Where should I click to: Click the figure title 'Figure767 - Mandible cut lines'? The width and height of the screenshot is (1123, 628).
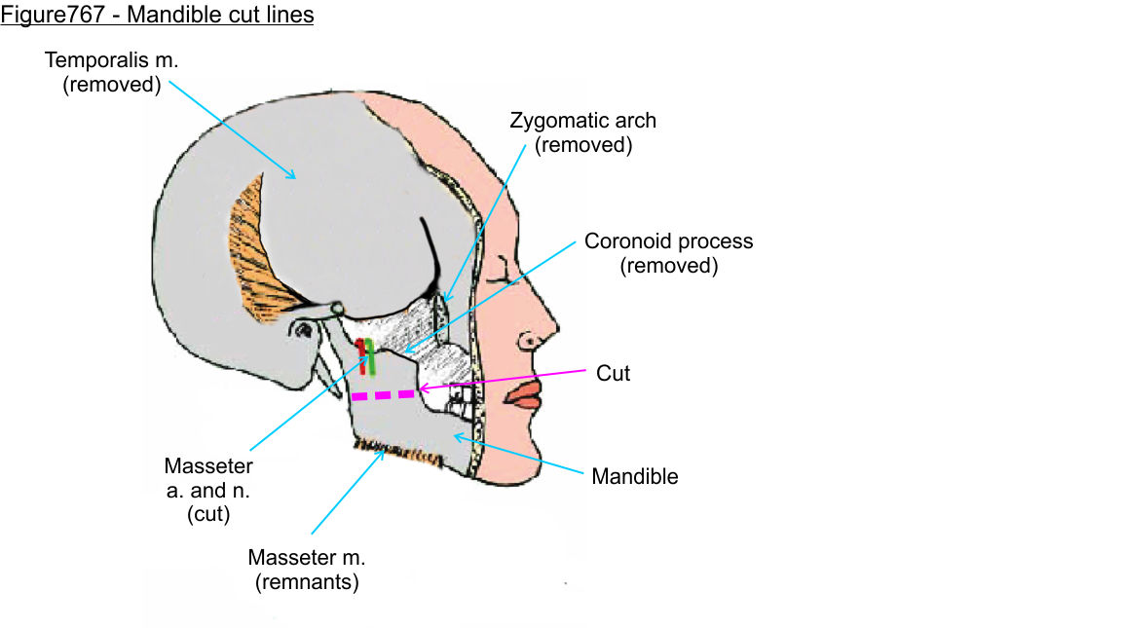click(157, 16)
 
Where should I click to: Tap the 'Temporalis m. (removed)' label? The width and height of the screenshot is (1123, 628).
click(112, 72)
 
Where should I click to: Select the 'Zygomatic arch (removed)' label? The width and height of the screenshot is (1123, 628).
click(582, 133)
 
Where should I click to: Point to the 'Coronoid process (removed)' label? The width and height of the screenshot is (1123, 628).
click(668, 253)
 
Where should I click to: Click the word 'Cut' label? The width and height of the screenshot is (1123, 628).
click(613, 373)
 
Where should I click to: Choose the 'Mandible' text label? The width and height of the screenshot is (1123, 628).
click(635, 477)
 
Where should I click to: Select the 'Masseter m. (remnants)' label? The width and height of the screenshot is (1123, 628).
click(306, 570)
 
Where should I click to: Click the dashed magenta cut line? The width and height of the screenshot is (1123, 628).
click(383, 395)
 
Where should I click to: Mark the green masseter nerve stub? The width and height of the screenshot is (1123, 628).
click(370, 354)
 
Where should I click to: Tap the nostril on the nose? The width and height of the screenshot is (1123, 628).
click(530, 342)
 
